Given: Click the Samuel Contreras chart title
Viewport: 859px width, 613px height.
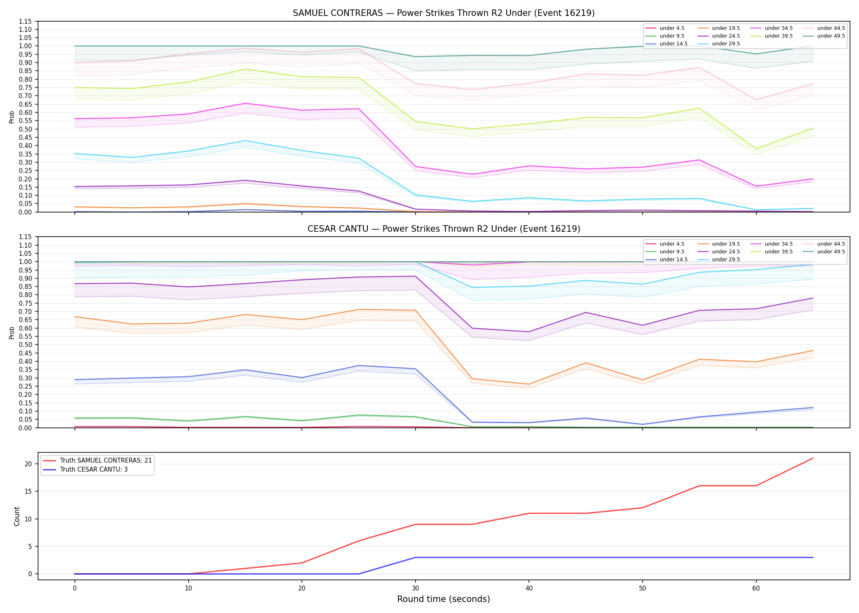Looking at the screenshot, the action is pyautogui.click(x=443, y=13).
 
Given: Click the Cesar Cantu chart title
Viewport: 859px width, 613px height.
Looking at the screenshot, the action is pyautogui.click(x=443, y=229).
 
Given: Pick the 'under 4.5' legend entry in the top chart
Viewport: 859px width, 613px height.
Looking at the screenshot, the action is pyautogui.click(x=665, y=28).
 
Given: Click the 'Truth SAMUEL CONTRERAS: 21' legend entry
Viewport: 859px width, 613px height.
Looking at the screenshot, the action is pyautogui.click(x=97, y=461).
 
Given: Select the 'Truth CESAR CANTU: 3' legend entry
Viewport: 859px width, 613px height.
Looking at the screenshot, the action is pyautogui.click(x=85, y=470).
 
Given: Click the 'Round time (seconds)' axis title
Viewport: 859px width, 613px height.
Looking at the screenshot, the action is pyautogui.click(x=443, y=599).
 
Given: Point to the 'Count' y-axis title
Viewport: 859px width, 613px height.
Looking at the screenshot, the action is pyautogui.click(x=17, y=516).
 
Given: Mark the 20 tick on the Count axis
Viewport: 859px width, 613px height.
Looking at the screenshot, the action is pyautogui.click(x=28, y=464).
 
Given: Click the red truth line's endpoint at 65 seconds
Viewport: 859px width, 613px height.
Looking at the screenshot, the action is pyautogui.click(x=813, y=458).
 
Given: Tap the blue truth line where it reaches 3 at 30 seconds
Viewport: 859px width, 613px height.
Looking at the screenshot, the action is pyautogui.click(x=415, y=557).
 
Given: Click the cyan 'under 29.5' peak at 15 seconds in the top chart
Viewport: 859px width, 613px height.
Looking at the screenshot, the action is pyautogui.click(x=245, y=141).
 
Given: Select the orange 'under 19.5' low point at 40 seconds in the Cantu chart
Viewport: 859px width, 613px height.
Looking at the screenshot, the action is pyautogui.click(x=529, y=384).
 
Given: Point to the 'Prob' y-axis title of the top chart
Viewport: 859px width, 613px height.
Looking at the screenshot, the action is pyautogui.click(x=12, y=117).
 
